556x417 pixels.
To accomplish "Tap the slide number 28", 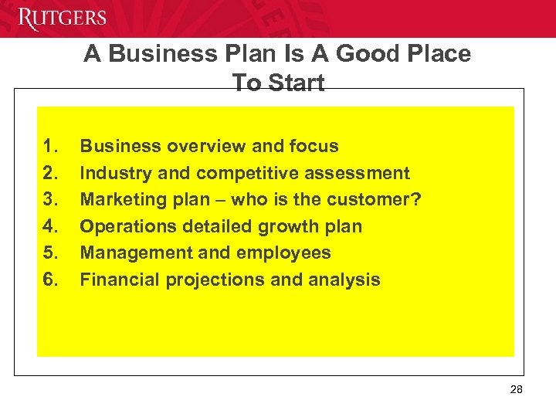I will point(517,389).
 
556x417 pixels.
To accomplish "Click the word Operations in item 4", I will point(124,226).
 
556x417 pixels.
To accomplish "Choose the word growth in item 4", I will point(290,226).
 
